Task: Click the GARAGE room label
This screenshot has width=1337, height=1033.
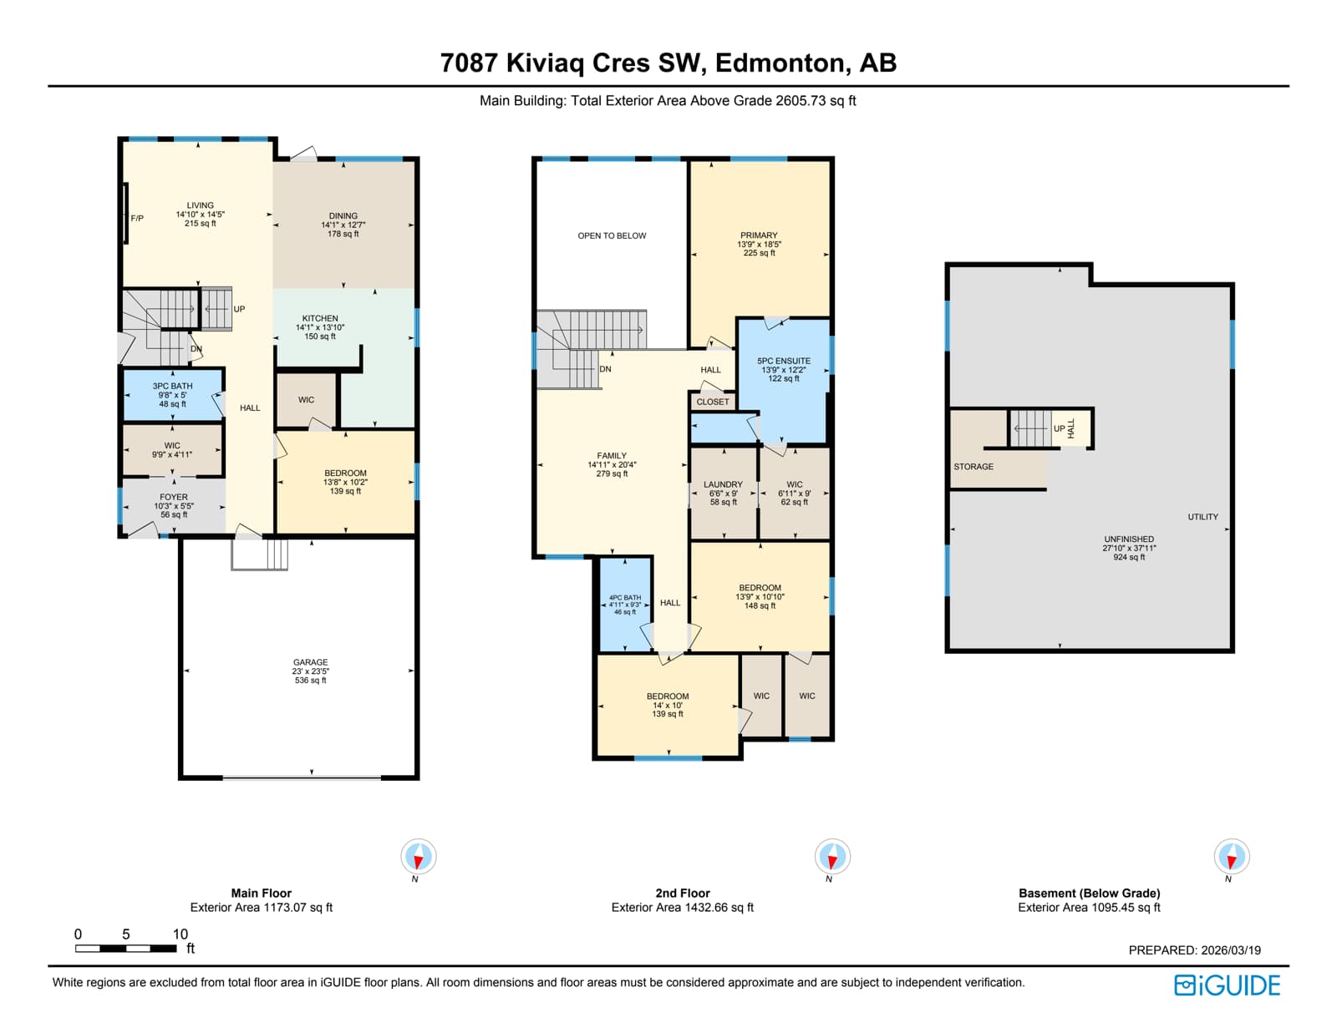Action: [x=310, y=662]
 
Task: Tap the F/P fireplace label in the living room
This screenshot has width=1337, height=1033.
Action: [x=137, y=218]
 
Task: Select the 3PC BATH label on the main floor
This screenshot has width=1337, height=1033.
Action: [x=172, y=386]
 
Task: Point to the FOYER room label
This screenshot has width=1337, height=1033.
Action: [x=174, y=497]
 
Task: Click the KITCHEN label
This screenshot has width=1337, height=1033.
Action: [x=320, y=318]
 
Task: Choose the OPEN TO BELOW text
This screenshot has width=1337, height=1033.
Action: [x=612, y=235]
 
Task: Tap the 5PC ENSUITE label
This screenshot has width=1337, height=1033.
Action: [x=783, y=361]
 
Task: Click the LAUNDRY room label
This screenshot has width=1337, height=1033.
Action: [x=723, y=484]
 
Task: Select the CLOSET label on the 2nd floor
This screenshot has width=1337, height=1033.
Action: [x=713, y=402]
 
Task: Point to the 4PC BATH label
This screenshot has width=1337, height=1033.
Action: [x=624, y=598]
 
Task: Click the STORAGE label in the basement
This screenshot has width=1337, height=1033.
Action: [x=974, y=467]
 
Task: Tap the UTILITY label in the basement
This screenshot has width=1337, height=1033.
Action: [x=1202, y=517]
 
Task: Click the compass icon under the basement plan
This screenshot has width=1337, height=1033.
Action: [x=1231, y=856]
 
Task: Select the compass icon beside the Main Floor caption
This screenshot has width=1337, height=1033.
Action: [x=419, y=856]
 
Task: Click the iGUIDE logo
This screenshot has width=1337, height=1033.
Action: [x=1227, y=985]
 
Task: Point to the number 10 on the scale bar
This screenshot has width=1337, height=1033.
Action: [x=180, y=934]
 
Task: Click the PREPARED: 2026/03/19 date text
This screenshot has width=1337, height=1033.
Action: [x=1194, y=950]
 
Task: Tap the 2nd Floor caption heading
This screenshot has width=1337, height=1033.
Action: [x=683, y=893]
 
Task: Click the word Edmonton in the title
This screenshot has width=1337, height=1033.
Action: [x=780, y=63]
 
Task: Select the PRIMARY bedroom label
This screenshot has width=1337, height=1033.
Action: [x=759, y=235]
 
